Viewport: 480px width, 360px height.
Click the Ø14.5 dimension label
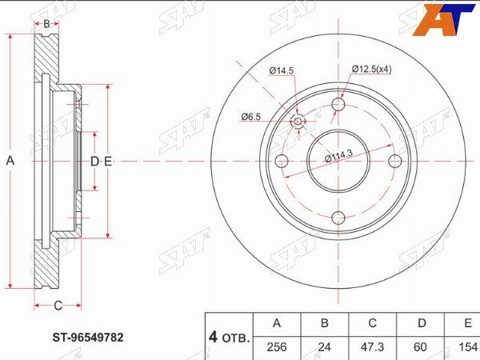(282, 70)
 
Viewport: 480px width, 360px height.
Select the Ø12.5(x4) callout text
(372, 69)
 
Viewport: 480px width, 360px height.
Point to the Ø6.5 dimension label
(250, 117)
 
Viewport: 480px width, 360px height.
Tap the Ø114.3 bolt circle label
(338, 156)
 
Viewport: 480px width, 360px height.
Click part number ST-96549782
(88, 338)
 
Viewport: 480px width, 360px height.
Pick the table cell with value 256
(277, 347)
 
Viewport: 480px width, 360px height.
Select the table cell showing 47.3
(372, 347)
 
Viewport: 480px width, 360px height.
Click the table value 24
(325, 347)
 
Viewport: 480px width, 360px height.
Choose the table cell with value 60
(420, 347)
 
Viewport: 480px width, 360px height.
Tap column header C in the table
(372, 323)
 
